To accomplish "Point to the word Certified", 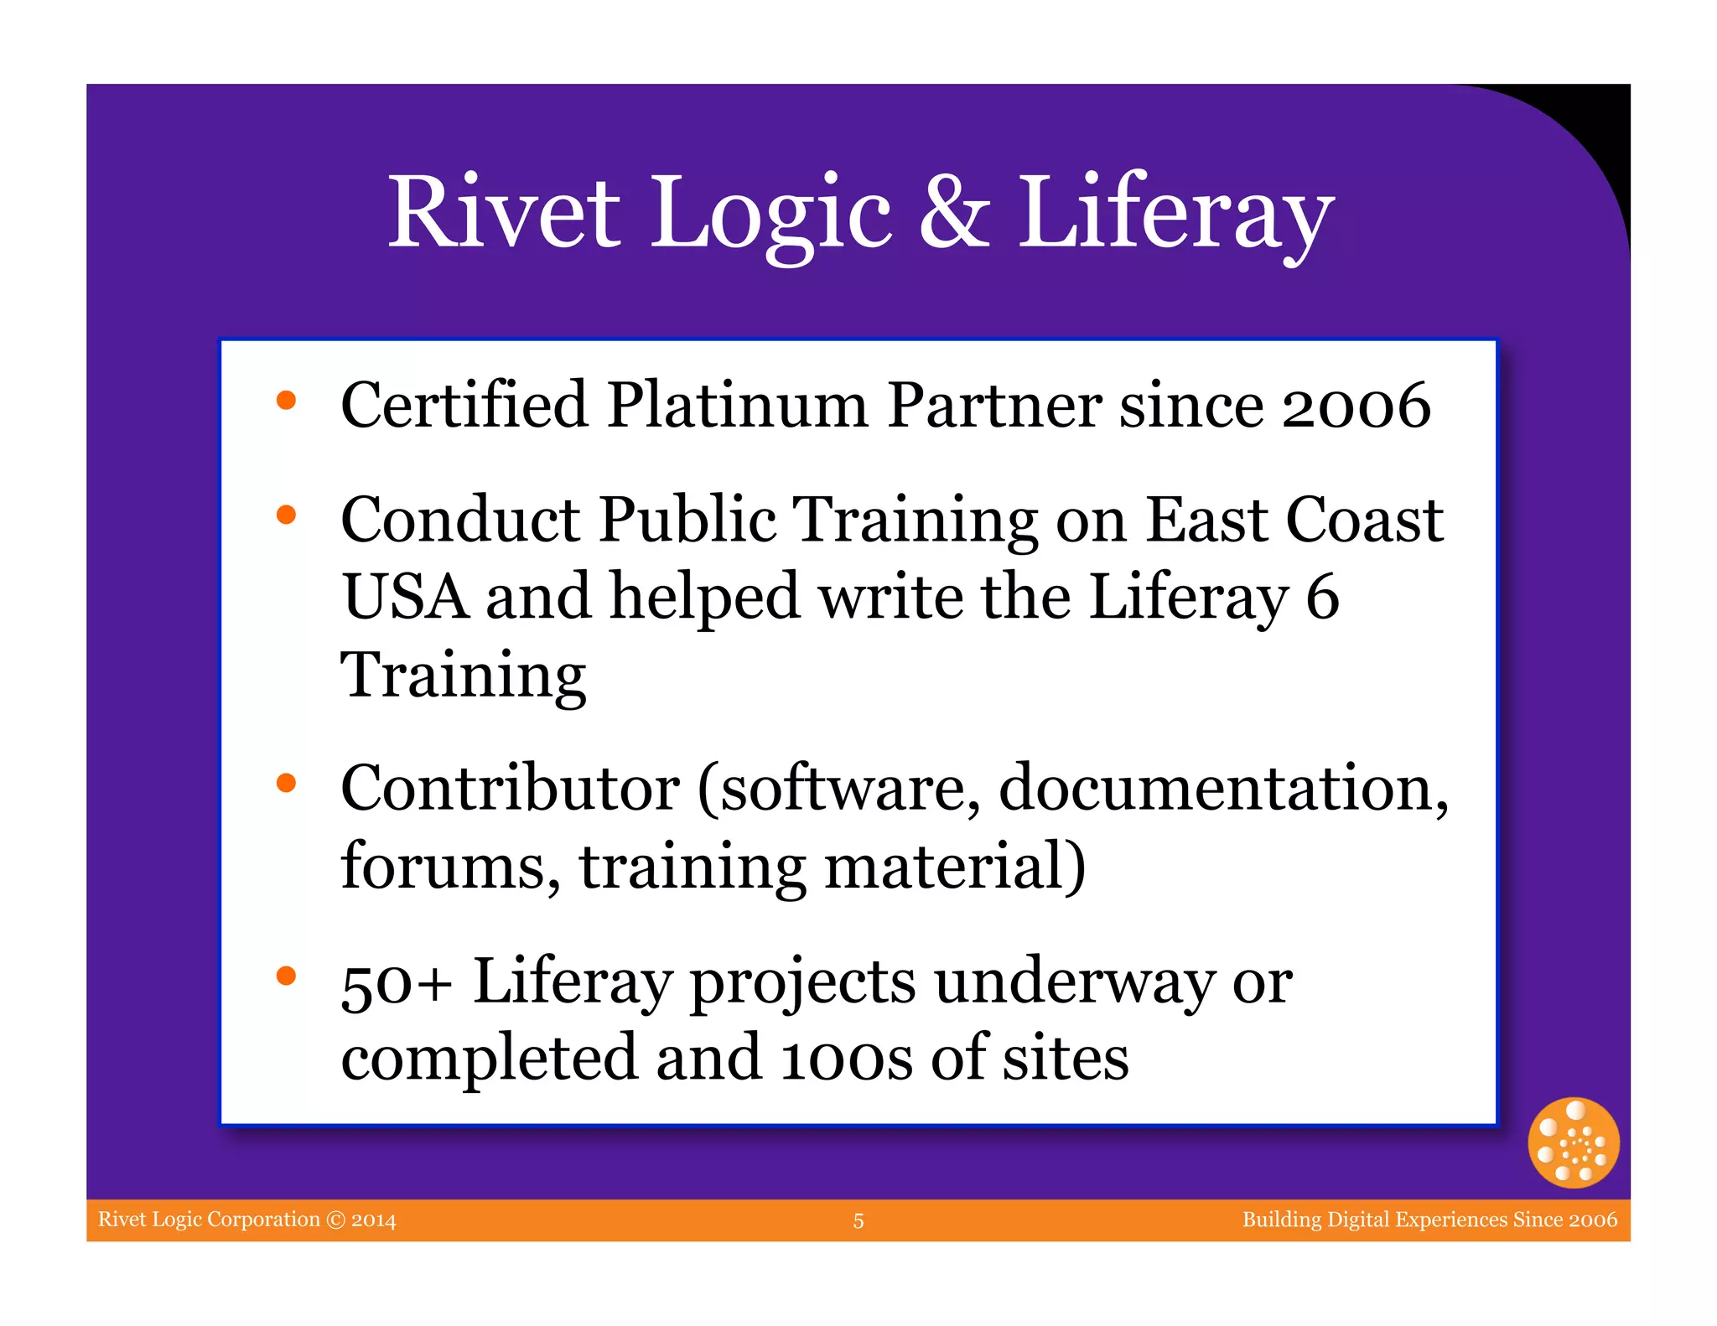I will tap(464, 406).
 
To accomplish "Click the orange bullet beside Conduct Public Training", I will tap(287, 515).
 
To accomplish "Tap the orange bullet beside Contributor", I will tap(287, 783).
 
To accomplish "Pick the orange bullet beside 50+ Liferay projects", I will tap(287, 976).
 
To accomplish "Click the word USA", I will tap(405, 597).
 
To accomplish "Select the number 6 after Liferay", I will tap(1322, 597).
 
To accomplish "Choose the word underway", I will tap(1073, 982).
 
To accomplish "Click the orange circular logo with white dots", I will tap(1573, 1142).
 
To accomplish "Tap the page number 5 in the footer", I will tap(858, 1221).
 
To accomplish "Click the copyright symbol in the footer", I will tap(335, 1220).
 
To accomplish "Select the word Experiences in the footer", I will tap(1445, 1220).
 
